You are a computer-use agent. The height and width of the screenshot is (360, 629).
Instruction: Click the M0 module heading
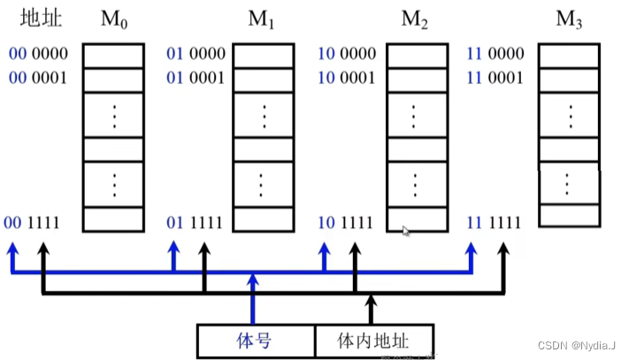coord(112,19)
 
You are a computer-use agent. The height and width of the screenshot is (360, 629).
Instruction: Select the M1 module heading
coord(263,19)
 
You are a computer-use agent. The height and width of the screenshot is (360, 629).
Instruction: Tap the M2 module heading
coord(413,19)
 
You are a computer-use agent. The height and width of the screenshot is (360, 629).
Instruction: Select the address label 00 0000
coord(35,54)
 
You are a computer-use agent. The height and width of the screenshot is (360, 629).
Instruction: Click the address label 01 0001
coord(196,77)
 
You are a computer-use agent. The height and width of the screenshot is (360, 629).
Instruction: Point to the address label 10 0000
coord(348,54)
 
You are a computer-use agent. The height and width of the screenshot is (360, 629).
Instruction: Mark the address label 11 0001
coord(496,77)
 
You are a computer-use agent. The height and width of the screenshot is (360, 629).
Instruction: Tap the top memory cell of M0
coord(113,54)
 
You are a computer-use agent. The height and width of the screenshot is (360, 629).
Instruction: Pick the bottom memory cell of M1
coord(263,218)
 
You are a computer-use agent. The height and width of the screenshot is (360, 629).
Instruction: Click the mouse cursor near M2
coord(406,231)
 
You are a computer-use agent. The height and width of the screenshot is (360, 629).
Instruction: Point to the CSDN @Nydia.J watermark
coord(578,344)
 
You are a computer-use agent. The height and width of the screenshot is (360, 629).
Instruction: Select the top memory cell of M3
coord(569,54)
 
